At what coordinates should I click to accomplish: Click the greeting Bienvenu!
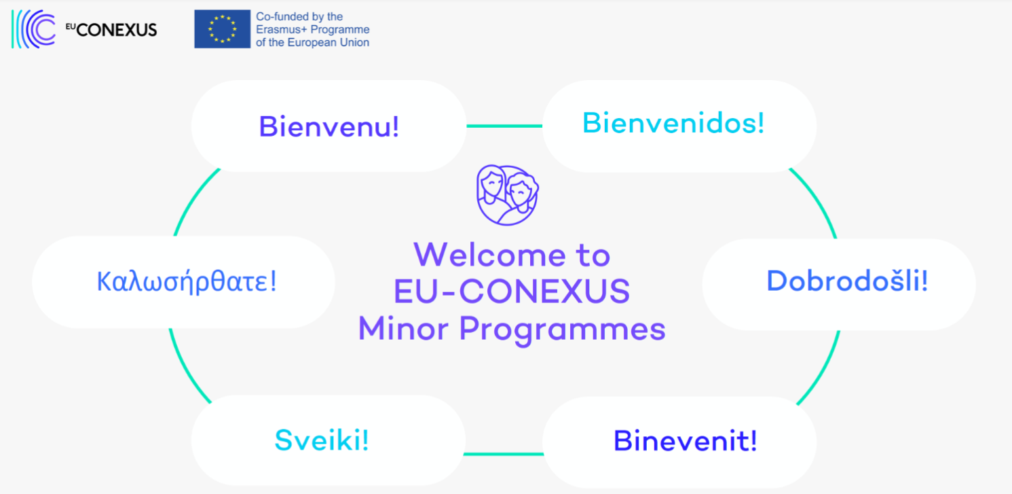pyautogui.click(x=329, y=126)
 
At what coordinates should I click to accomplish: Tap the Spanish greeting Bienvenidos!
pyautogui.click(x=673, y=122)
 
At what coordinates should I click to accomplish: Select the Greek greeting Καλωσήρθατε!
pyautogui.click(x=187, y=281)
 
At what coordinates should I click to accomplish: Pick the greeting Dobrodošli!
pyautogui.click(x=847, y=281)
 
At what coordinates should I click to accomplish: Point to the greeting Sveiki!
pyautogui.click(x=322, y=440)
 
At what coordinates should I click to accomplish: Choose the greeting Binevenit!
pyautogui.click(x=685, y=440)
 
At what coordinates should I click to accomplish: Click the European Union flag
pyautogui.click(x=222, y=29)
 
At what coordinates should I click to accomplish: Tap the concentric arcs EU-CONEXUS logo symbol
pyautogui.click(x=33, y=29)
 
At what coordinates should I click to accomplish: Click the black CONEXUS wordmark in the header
pyautogui.click(x=117, y=31)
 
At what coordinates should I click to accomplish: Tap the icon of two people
pyautogui.click(x=507, y=195)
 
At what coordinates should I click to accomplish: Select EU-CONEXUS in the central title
pyautogui.click(x=512, y=291)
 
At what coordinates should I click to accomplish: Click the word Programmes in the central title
pyautogui.click(x=563, y=330)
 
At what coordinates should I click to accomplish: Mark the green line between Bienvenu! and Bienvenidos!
pyautogui.click(x=504, y=126)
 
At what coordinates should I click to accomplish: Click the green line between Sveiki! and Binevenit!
pyautogui.click(x=504, y=454)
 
